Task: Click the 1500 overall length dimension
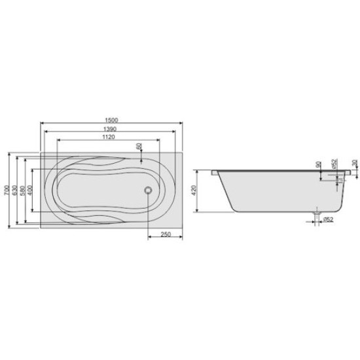point(111,118)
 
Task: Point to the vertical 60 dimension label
point(138,147)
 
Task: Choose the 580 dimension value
point(23,190)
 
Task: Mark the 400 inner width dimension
point(31,190)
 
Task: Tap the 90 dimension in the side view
point(317,166)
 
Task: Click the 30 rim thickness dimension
point(353,163)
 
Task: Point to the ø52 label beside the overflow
point(333,164)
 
